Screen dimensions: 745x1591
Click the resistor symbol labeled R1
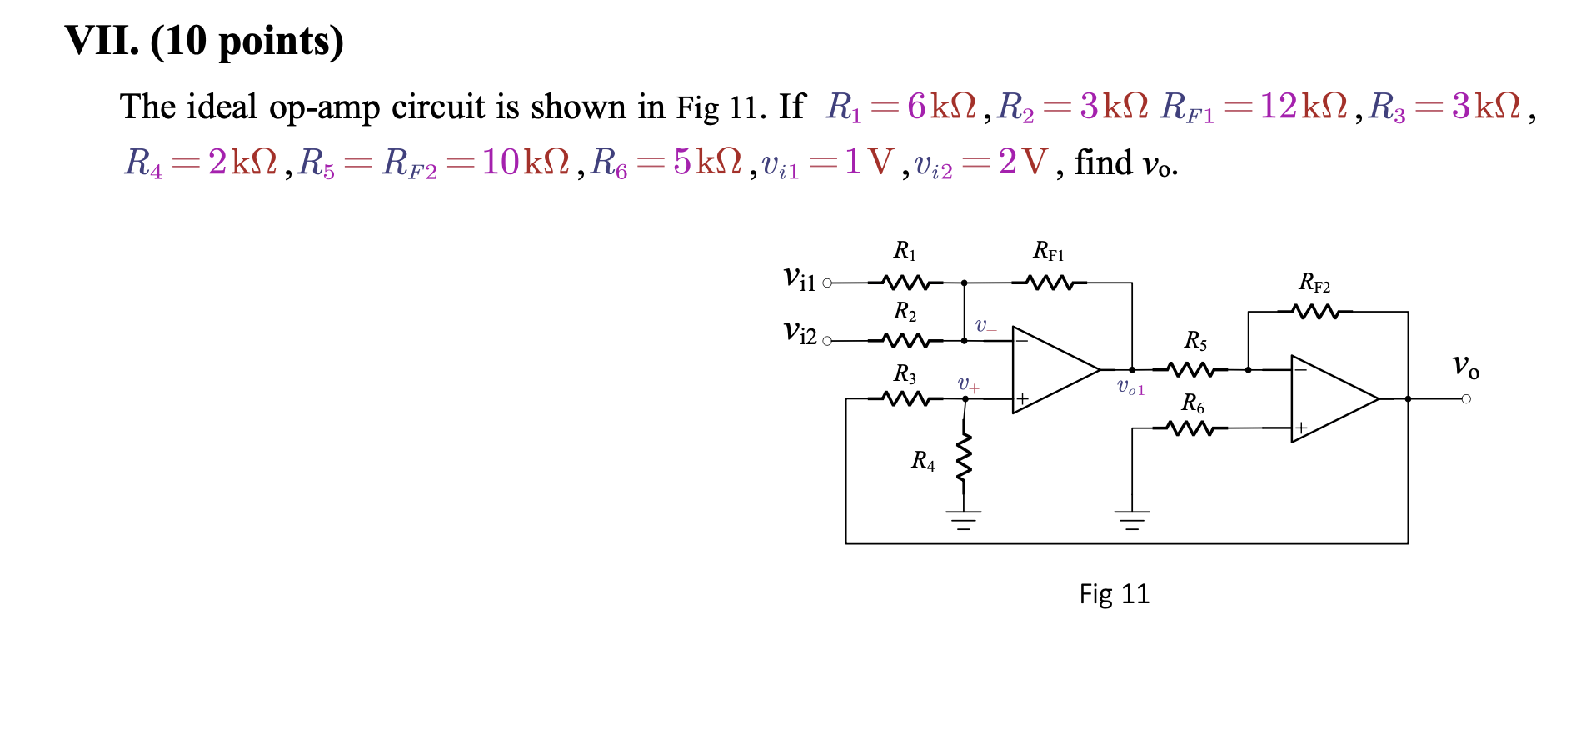pos(905,282)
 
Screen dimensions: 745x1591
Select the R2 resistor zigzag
pos(905,340)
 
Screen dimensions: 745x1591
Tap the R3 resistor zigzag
pos(905,399)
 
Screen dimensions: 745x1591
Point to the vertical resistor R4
pos(964,460)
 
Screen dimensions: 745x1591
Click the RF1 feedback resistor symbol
pos(1049,282)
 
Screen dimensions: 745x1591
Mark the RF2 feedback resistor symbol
pos(1314,312)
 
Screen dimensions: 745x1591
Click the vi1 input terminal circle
pos(826,283)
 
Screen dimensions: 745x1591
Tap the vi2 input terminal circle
pos(826,341)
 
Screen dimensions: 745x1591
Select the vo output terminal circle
pos(1466,399)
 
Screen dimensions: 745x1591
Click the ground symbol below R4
pos(964,521)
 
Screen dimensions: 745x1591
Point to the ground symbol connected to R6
pos(1131,521)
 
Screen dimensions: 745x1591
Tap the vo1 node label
pos(1130,387)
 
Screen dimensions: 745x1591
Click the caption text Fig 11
pos(1114,594)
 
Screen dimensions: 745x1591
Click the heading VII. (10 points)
pos(204,41)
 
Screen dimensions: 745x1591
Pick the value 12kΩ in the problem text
pos(1304,107)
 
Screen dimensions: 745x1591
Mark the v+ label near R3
pos(968,384)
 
